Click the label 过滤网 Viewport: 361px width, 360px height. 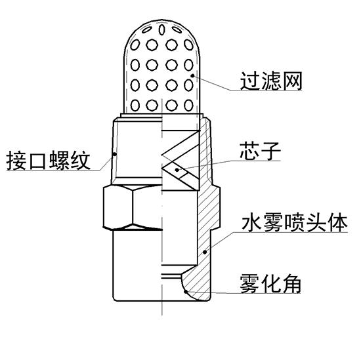(270, 81)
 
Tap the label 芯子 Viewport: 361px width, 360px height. (260, 151)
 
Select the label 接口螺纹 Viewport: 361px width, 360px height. (48, 161)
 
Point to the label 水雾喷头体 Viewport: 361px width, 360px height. (294, 223)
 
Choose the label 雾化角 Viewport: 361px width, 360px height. (270, 284)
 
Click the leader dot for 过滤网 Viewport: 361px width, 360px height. (192, 75)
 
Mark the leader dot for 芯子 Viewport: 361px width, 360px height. (177, 170)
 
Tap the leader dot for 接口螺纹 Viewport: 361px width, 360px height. (114, 154)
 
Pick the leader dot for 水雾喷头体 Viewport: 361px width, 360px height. (205, 252)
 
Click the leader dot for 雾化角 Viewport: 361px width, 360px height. (186, 292)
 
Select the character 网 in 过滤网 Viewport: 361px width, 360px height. (292, 81)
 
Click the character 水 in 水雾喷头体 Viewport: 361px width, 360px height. (251, 223)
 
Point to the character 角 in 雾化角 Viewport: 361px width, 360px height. (291, 284)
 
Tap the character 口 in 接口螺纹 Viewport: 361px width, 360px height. (37, 161)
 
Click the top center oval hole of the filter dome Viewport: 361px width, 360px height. (162, 30)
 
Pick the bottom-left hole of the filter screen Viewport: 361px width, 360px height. (135, 105)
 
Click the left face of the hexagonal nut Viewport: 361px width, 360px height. (118, 209)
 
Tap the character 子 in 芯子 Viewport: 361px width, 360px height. (270, 151)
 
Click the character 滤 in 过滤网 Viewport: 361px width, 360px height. (271, 81)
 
